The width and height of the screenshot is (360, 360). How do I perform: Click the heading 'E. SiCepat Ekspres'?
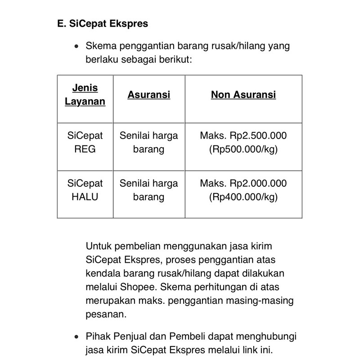tap(103, 23)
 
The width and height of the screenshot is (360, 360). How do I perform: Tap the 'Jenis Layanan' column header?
tap(85, 94)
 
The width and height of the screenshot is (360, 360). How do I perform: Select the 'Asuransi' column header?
tap(149, 95)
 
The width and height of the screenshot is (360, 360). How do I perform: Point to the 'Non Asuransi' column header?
tap(243, 95)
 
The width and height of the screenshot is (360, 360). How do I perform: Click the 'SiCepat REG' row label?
tap(85, 142)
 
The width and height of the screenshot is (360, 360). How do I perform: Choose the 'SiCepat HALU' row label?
tap(85, 190)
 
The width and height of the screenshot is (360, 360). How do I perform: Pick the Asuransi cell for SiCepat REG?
tap(149, 142)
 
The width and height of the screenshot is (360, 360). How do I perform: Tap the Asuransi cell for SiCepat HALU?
tap(149, 190)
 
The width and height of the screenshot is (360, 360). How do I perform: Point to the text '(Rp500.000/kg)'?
tap(243, 149)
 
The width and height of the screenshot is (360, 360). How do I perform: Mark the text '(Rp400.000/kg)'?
tap(243, 197)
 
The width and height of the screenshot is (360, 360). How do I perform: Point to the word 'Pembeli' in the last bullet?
tap(199, 337)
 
